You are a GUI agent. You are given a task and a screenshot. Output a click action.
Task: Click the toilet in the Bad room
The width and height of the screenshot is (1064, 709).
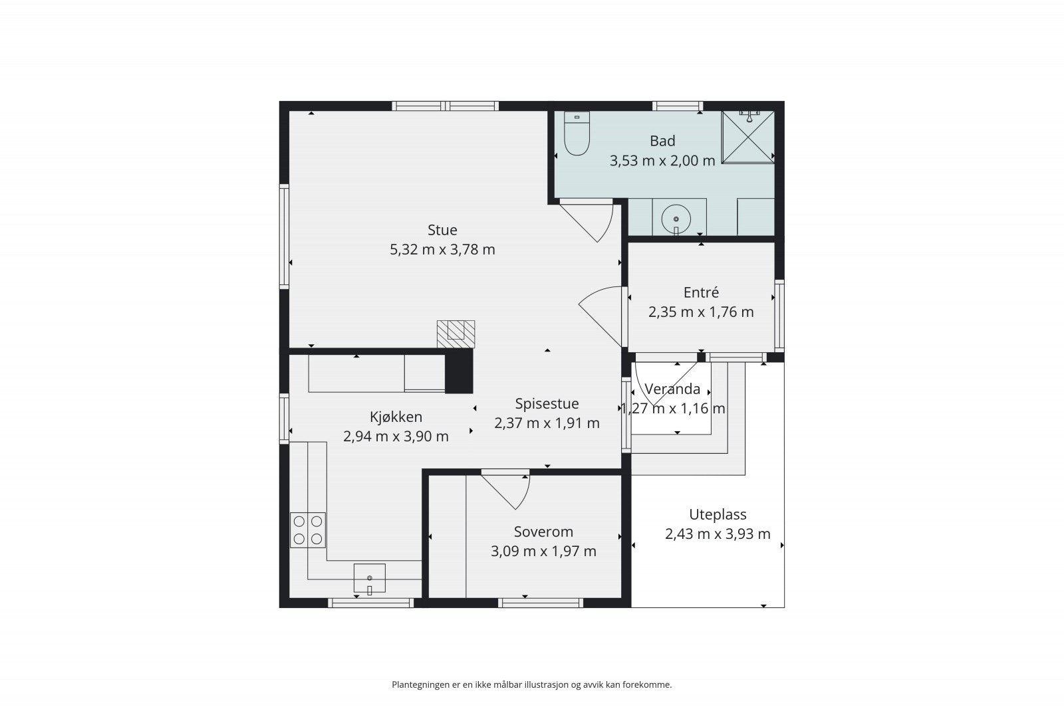pyautogui.click(x=577, y=134)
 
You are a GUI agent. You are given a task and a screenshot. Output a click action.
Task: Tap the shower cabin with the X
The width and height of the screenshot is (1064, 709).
pyautogui.click(x=747, y=137)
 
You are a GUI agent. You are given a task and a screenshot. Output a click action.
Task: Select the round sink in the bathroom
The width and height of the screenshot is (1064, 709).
pyautogui.click(x=676, y=219)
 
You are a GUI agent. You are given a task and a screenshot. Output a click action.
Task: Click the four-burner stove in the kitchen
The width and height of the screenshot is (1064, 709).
pyautogui.click(x=308, y=530)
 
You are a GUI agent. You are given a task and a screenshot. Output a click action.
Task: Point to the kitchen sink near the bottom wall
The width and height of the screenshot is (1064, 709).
pyautogui.click(x=370, y=579)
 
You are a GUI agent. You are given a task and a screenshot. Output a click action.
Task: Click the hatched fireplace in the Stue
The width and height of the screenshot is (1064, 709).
pyautogui.click(x=456, y=335)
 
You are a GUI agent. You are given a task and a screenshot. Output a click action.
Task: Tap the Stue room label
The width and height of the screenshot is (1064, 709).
pyautogui.click(x=442, y=230)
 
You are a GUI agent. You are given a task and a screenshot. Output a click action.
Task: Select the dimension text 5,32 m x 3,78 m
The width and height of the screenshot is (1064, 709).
pyautogui.click(x=442, y=250)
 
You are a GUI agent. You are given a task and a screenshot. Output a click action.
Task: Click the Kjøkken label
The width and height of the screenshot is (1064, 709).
pyautogui.click(x=396, y=417)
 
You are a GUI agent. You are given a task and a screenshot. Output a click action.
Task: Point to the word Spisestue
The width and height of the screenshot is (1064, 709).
pyautogui.click(x=547, y=404)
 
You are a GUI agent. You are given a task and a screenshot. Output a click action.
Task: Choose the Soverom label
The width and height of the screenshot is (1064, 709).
pyautogui.click(x=543, y=532)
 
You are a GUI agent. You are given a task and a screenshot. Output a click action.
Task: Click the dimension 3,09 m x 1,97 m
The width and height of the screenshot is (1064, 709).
pyautogui.click(x=543, y=552)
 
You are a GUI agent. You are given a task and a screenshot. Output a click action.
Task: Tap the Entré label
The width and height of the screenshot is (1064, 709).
pyautogui.click(x=701, y=292)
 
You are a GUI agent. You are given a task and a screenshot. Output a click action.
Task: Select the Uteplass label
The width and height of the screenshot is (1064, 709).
pyautogui.click(x=718, y=514)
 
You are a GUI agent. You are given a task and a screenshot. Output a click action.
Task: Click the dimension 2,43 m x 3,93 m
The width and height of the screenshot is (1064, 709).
pyautogui.click(x=718, y=534)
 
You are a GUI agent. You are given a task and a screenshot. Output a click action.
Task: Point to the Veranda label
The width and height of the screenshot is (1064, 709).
pyautogui.click(x=672, y=389)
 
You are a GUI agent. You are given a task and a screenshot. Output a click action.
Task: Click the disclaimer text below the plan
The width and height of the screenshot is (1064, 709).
pyautogui.click(x=531, y=685)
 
